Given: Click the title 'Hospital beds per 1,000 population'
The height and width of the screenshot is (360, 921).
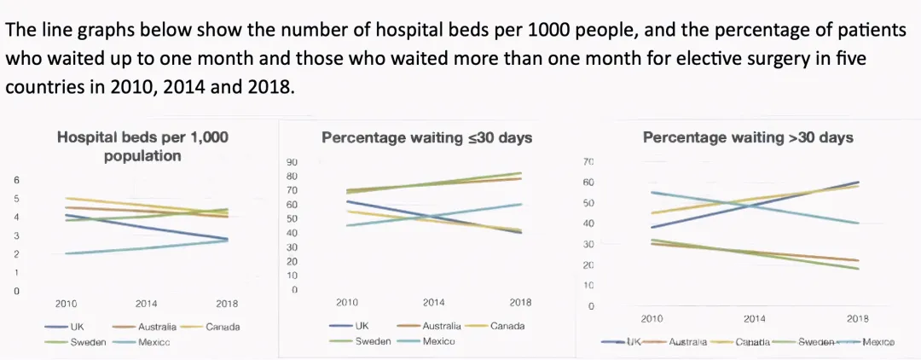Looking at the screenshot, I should [142, 146].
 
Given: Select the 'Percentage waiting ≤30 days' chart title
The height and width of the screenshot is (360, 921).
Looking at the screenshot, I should [426, 136].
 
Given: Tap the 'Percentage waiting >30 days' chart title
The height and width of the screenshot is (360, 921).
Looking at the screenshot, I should [748, 136].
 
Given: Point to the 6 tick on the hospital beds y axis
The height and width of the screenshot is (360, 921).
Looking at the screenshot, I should [16, 180].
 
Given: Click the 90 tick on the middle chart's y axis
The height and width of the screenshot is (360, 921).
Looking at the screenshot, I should [292, 162].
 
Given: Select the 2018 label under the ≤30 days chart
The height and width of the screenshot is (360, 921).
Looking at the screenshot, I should [520, 302].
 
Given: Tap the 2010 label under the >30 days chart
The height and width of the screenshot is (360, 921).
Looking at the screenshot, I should [652, 318].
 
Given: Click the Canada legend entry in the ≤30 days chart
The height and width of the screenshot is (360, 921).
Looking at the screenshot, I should [507, 326].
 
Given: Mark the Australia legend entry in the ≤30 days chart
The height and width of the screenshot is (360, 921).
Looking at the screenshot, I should [441, 326].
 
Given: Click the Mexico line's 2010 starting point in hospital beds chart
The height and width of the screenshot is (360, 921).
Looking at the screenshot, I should [66, 253].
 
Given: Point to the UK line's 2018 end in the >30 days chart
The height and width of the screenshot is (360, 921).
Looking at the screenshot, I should [858, 182].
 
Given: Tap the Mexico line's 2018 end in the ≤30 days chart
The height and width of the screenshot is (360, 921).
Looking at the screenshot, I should [520, 204].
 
